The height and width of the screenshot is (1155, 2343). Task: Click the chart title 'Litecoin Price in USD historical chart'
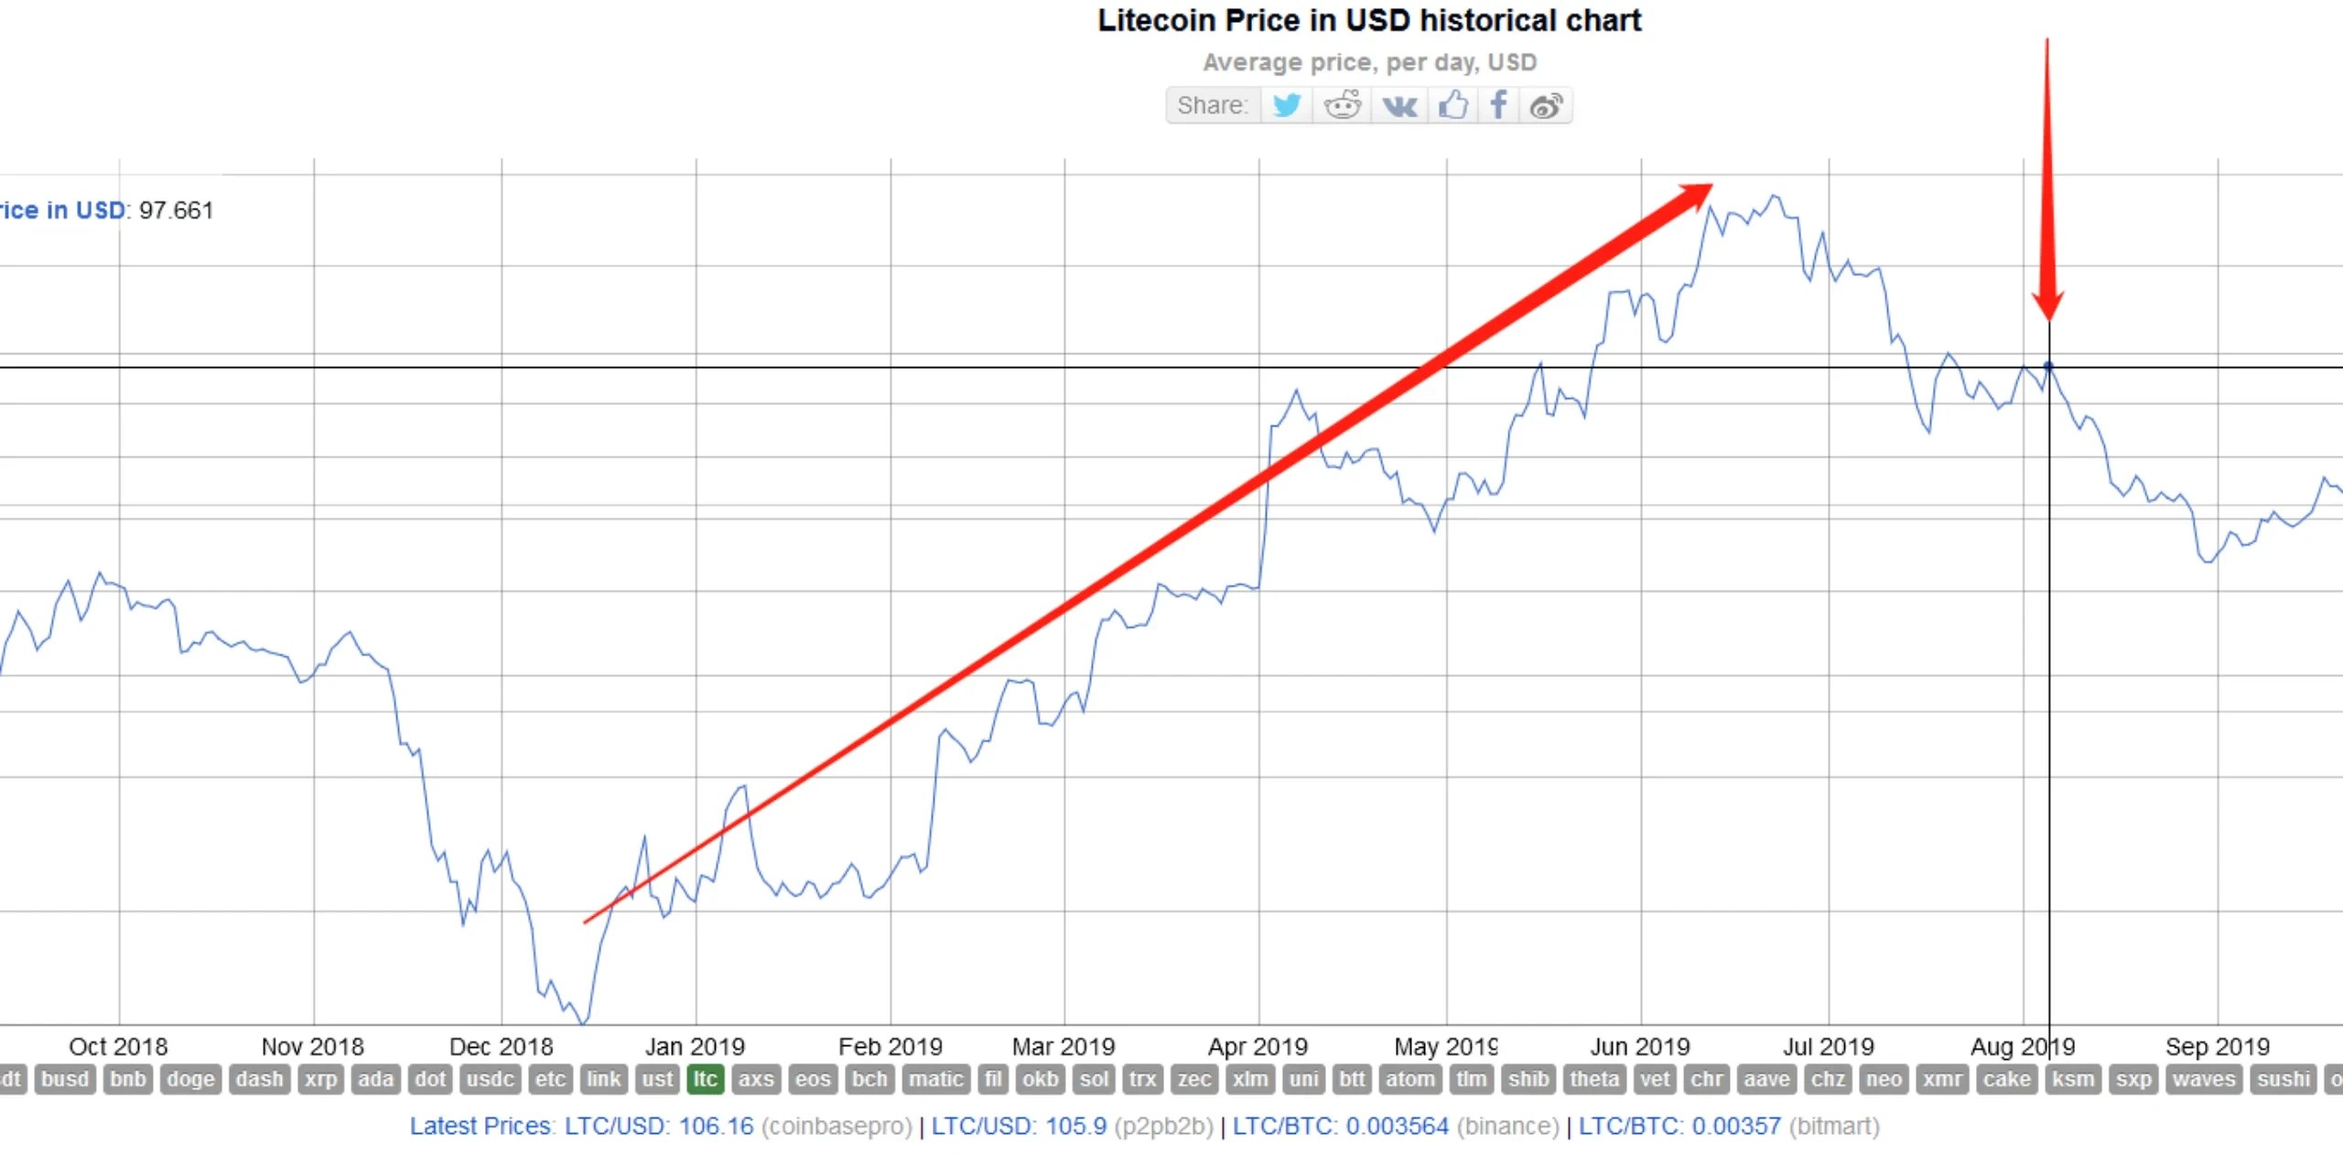click(x=1369, y=20)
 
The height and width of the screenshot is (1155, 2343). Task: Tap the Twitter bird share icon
click(x=1286, y=105)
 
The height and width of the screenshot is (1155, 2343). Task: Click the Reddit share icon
click(x=1343, y=105)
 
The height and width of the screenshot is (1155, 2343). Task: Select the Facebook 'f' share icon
click(x=1498, y=105)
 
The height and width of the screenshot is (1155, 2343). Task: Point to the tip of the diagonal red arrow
click(x=1708, y=187)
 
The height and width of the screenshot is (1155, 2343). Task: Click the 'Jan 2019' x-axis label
click(x=695, y=1046)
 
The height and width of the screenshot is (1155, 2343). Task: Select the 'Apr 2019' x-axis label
click(x=1258, y=1046)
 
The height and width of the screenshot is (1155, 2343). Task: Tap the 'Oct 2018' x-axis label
click(x=118, y=1046)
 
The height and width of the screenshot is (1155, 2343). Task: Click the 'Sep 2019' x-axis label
click(x=2217, y=1046)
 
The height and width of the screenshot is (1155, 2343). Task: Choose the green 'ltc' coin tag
click(x=705, y=1079)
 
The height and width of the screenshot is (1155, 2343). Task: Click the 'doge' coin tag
click(x=190, y=1079)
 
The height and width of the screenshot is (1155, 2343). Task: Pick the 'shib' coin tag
click(x=1528, y=1079)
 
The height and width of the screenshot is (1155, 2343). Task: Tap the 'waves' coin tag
click(x=2204, y=1079)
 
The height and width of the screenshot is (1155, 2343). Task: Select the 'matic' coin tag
click(x=935, y=1079)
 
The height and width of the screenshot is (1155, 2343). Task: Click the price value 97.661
click(x=176, y=210)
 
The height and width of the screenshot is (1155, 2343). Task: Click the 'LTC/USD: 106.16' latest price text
click(x=659, y=1126)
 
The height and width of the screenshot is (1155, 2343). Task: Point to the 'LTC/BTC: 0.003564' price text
click(x=1341, y=1126)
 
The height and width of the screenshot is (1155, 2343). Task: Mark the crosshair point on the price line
click(x=2048, y=366)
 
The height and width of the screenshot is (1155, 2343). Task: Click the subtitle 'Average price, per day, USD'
click(x=1369, y=62)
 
